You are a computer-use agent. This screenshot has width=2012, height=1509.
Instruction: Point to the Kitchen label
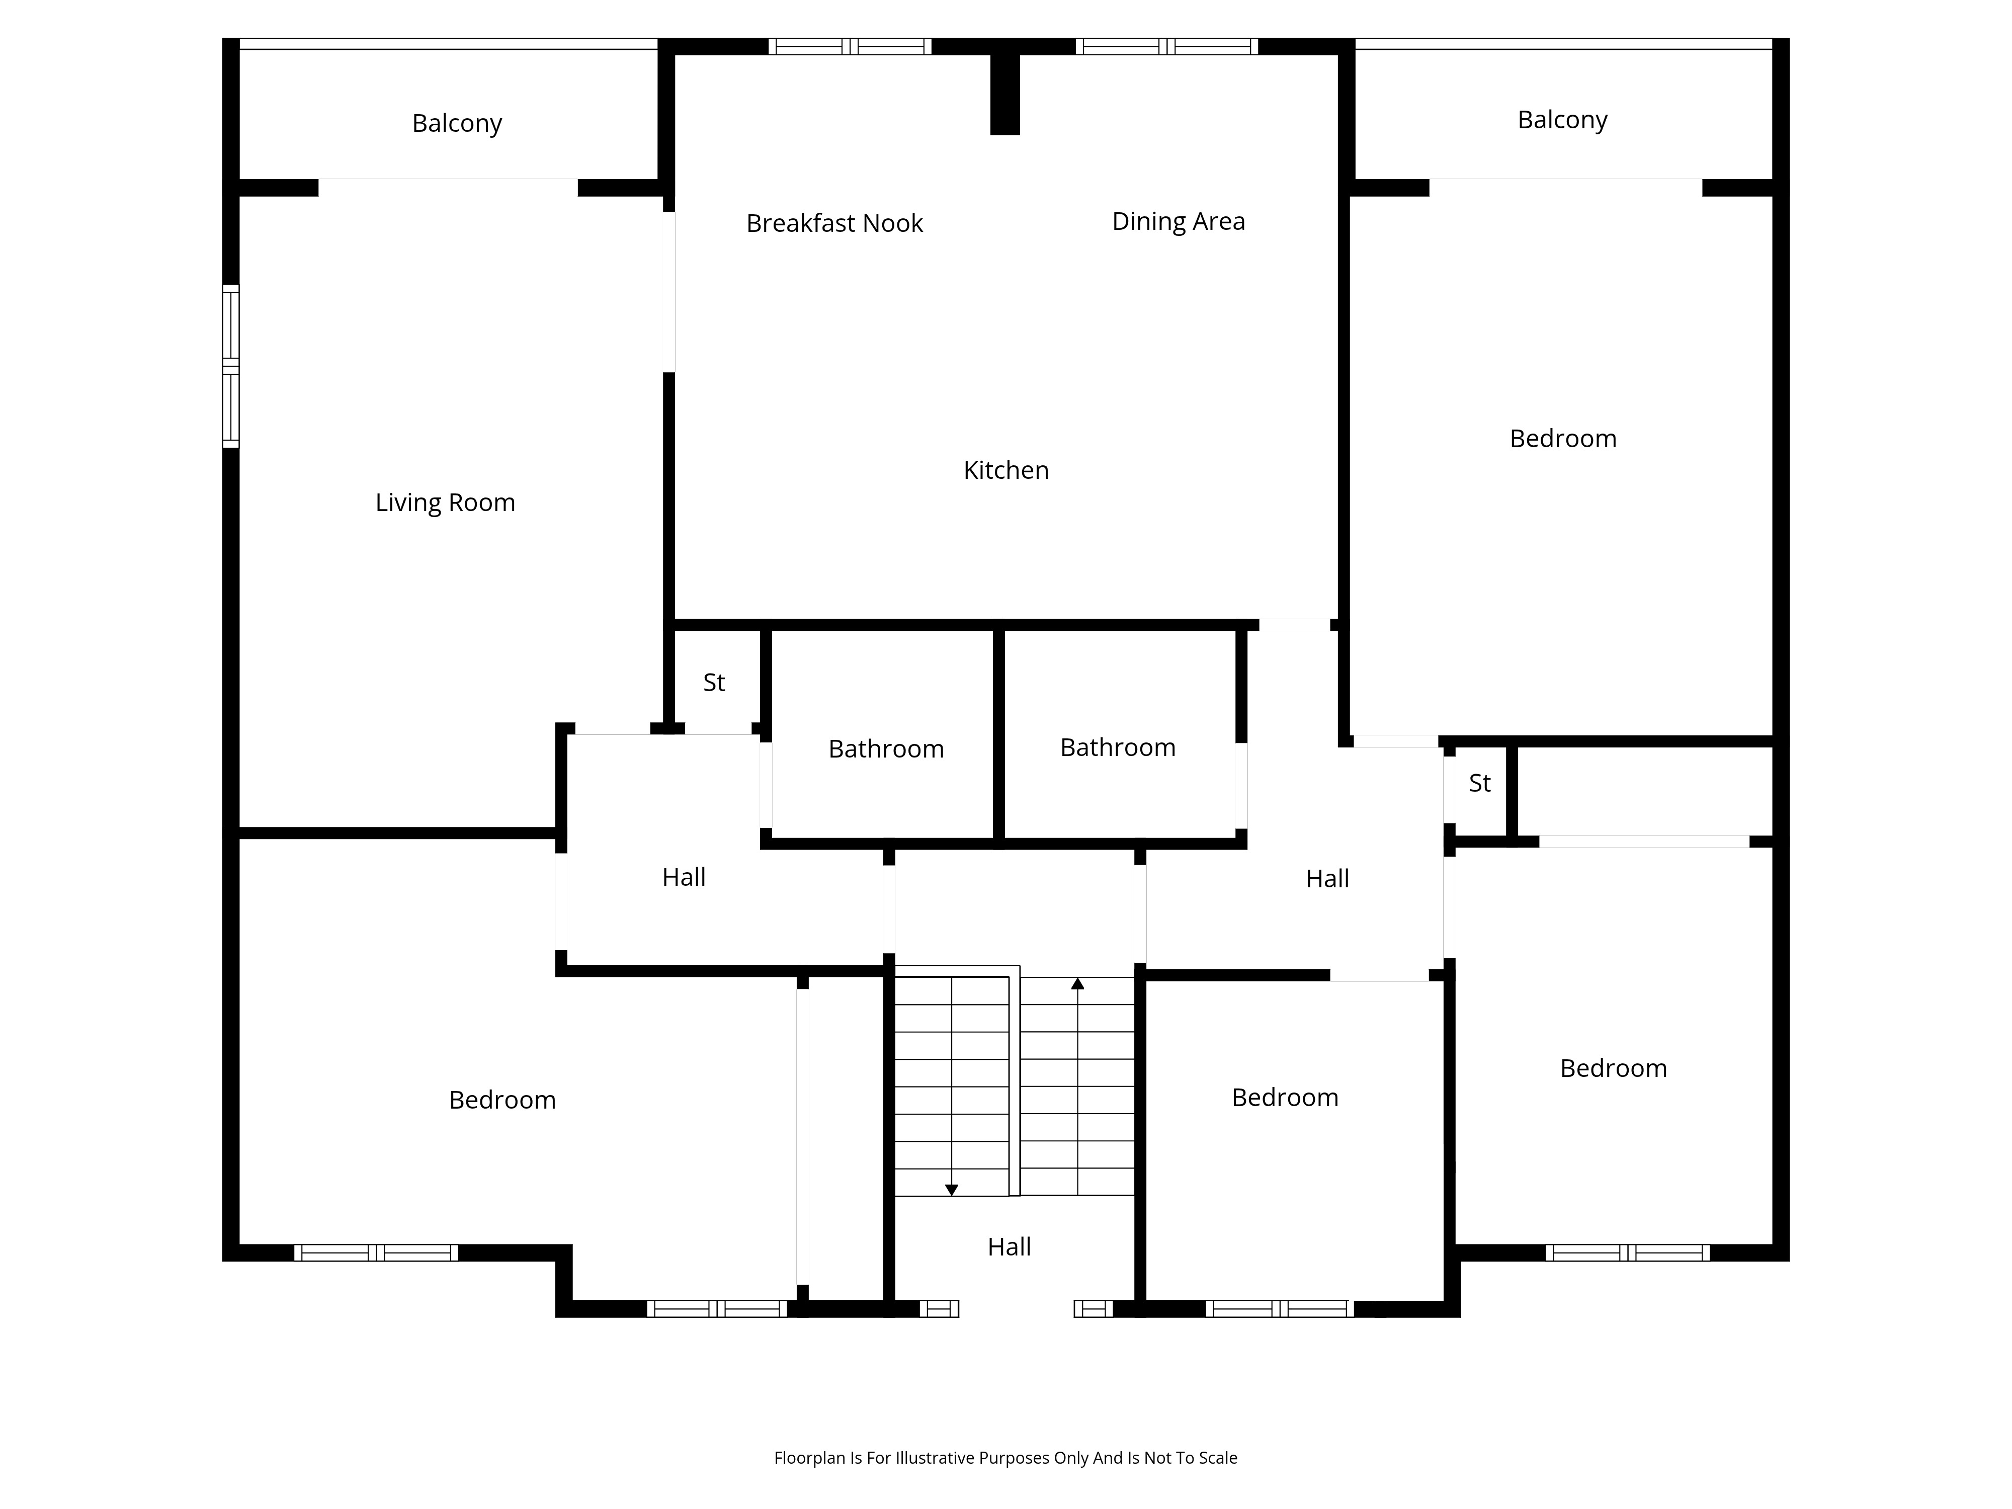click(1006, 470)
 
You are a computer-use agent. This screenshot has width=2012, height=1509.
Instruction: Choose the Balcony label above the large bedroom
click(1563, 119)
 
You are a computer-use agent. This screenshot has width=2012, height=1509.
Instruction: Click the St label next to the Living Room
click(714, 682)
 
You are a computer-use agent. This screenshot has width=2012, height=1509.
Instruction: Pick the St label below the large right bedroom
click(1480, 783)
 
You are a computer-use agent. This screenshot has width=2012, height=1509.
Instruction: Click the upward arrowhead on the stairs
click(1078, 983)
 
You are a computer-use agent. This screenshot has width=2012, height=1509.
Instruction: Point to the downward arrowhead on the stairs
click(952, 1190)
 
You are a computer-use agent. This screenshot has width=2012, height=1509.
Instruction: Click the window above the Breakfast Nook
click(850, 46)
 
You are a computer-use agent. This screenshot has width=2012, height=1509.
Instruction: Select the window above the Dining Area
click(1167, 46)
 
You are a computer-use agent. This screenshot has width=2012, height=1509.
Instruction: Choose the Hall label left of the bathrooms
click(684, 877)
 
